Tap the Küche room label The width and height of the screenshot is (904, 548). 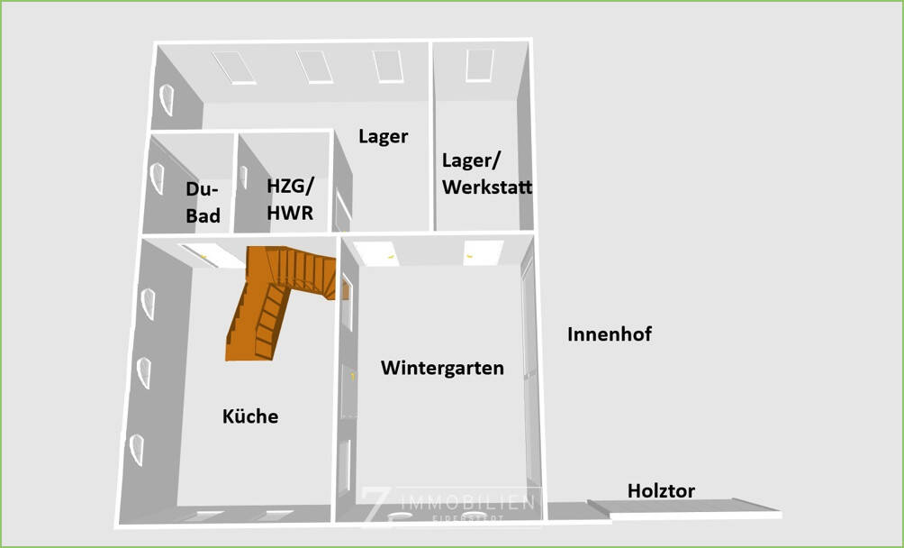point(250,416)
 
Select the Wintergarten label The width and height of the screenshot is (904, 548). point(442,368)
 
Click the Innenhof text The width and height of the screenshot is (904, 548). point(610,334)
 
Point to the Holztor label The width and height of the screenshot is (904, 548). point(661,491)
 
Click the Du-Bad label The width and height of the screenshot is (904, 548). point(203,203)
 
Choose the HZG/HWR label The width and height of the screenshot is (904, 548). point(290,197)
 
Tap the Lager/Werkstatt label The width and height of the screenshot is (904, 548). point(486,174)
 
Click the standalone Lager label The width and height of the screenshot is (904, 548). point(383,137)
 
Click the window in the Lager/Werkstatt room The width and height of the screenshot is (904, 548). point(480,65)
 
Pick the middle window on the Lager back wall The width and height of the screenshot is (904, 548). point(314,66)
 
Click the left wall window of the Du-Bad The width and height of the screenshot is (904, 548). point(158,179)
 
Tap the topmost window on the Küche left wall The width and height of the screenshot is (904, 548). point(147,305)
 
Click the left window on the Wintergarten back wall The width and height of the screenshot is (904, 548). point(376,252)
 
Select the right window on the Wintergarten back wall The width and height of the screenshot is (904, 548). point(484,251)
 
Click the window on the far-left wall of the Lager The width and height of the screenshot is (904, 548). point(167,100)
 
